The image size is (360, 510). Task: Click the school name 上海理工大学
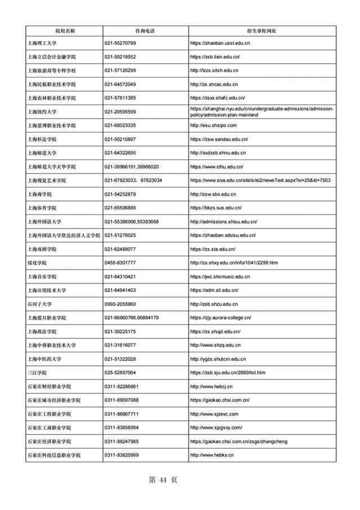[43, 43]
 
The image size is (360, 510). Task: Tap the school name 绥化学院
[37, 262]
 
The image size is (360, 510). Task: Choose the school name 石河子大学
[40, 304]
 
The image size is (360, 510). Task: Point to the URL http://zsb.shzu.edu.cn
[215, 304]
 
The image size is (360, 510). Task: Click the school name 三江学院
[37, 373]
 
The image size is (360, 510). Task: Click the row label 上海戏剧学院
[43, 249]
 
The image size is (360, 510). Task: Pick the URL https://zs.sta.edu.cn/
[213, 249]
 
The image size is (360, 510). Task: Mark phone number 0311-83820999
[122, 455]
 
